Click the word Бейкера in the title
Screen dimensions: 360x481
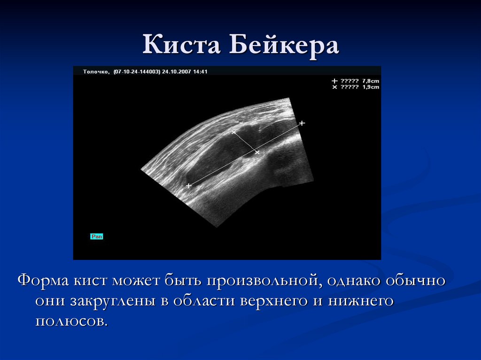(284, 47)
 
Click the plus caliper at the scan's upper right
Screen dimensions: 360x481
(302, 123)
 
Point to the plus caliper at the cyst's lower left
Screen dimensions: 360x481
(189, 186)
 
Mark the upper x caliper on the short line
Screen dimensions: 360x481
(233, 133)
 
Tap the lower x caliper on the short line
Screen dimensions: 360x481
(256, 152)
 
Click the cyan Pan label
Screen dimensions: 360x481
(96, 237)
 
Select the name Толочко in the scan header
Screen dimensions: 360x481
(96, 72)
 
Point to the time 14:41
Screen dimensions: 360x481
(201, 72)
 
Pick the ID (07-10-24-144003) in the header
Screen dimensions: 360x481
(137, 72)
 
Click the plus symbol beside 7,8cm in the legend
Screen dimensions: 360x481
(335, 81)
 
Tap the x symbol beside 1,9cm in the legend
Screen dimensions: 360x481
(335, 87)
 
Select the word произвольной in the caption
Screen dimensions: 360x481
(258, 281)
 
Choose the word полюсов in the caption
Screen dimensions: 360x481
(71, 322)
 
